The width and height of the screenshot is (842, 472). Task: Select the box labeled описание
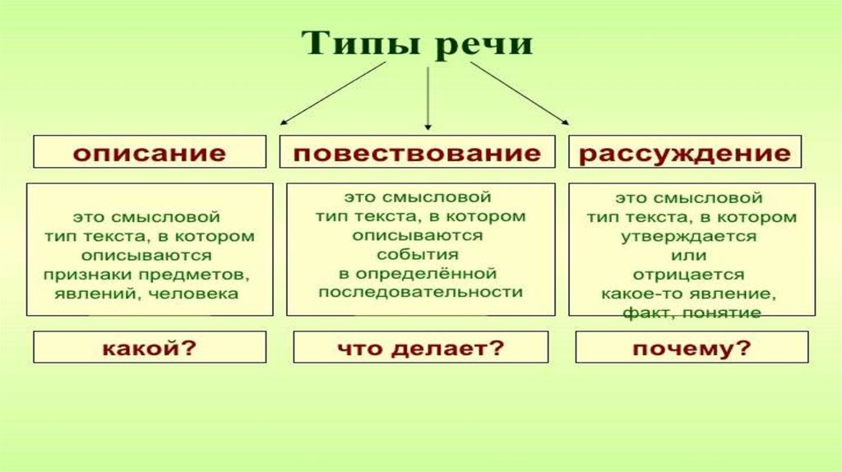(150, 152)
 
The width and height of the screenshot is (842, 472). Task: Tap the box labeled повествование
(417, 152)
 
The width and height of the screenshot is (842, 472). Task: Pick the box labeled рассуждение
(685, 152)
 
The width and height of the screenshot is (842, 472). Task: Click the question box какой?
(150, 347)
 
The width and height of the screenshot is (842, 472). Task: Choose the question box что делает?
(421, 347)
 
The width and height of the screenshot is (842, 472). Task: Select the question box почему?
(692, 347)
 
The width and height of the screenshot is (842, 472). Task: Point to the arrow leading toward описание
(333, 94)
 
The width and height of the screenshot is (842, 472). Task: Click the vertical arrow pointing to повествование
(428, 99)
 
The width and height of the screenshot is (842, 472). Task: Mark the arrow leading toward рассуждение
(520, 94)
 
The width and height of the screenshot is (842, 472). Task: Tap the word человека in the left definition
(192, 294)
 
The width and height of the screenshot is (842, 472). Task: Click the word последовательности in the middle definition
(420, 292)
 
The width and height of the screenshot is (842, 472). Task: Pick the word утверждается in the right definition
(689, 237)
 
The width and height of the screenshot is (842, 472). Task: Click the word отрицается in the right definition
(689, 275)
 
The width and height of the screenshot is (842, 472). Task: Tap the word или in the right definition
(689, 256)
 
